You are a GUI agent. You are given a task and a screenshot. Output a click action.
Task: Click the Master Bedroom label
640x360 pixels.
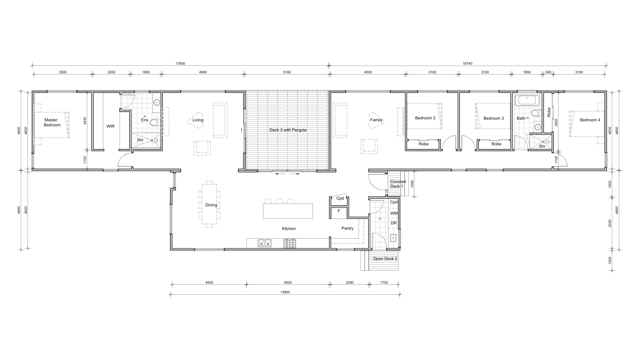point(52,122)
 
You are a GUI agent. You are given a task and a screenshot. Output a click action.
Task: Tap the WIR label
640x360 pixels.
point(110,126)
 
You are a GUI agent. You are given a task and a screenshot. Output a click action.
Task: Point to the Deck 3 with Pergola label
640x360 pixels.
point(288,130)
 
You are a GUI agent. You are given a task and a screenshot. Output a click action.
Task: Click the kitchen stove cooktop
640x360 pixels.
point(289,243)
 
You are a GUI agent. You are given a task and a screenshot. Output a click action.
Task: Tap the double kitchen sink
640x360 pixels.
point(265,243)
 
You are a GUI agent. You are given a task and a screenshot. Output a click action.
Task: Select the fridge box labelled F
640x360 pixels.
point(339,213)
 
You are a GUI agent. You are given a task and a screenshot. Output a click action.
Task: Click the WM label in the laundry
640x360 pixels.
point(394,213)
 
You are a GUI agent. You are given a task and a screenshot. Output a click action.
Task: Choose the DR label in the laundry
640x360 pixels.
point(394,223)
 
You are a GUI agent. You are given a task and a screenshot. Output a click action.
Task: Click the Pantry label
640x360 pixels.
point(347,228)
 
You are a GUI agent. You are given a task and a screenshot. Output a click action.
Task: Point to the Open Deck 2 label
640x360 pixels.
point(385,259)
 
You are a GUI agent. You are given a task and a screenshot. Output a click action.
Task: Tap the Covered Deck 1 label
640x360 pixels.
point(398,184)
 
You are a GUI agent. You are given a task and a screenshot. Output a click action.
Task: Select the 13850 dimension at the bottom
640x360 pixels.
point(285,292)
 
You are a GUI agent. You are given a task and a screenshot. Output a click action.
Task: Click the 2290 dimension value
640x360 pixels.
point(349,282)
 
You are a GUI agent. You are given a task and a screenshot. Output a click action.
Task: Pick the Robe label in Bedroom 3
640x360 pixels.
point(496,144)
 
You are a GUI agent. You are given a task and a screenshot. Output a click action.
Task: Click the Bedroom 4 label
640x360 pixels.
point(590,120)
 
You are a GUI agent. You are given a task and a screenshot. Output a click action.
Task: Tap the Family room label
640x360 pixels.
point(376,120)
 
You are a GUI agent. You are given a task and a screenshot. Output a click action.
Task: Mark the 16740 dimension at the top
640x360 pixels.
point(467,63)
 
